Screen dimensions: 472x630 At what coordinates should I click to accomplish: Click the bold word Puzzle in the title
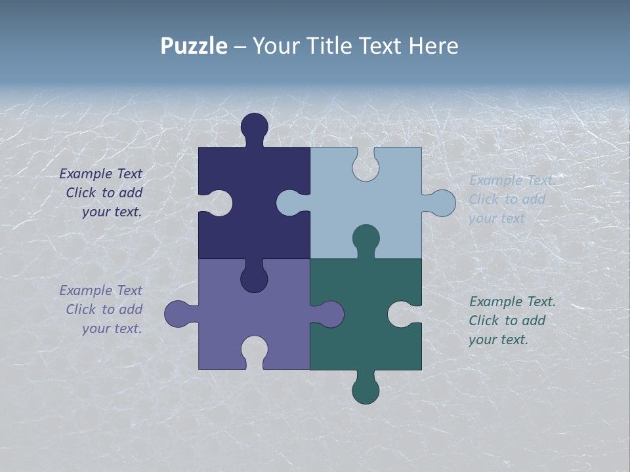pyautogui.click(x=194, y=46)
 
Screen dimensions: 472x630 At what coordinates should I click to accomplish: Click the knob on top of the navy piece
pyautogui.click(x=255, y=126)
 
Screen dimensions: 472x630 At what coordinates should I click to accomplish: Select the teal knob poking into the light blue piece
pyautogui.click(x=366, y=238)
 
